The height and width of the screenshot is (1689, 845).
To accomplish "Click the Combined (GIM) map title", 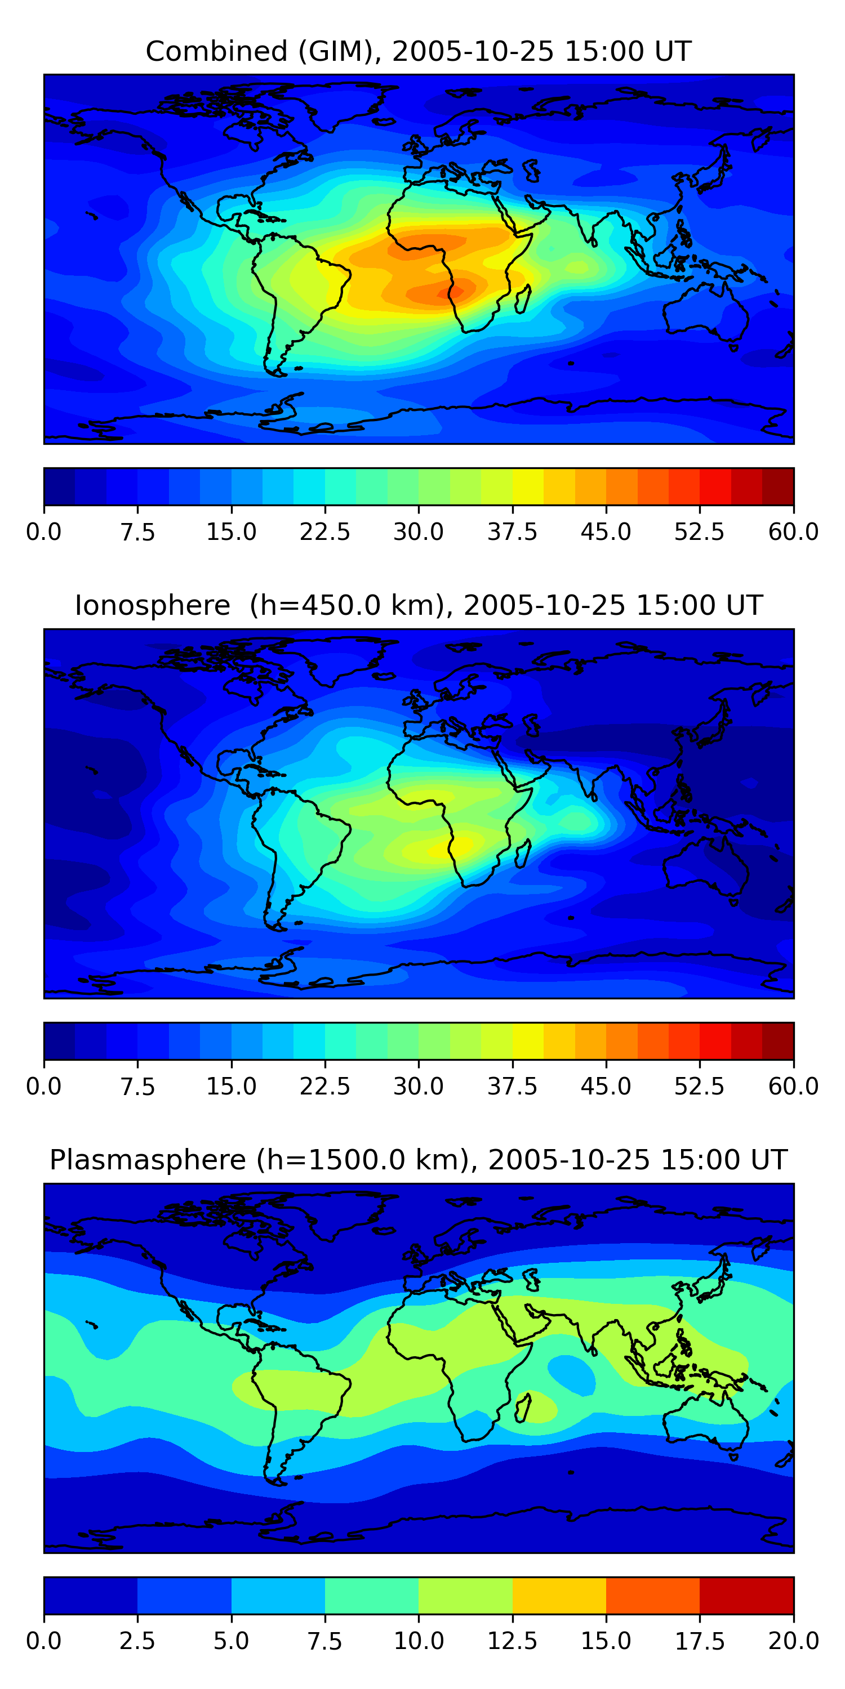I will click(x=419, y=51).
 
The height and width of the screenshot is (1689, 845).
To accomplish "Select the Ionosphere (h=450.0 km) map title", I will click(x=419, y=605).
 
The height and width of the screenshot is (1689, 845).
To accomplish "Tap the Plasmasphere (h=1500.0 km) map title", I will click(x=419, y=1160).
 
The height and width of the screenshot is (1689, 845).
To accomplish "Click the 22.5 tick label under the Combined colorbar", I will click(x=324, y=531).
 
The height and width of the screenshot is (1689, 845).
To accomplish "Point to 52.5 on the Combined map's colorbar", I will click(x=699, y=531).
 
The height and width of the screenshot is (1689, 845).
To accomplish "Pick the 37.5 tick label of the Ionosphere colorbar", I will click(x=513, y=1087).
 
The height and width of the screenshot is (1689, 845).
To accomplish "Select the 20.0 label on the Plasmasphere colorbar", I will click(x=793, y=1641).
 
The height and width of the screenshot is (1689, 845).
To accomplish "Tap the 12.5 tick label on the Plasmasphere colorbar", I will click(x=513, y=1641).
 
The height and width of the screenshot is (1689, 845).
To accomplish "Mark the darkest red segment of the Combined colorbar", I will click(x=778, y=486).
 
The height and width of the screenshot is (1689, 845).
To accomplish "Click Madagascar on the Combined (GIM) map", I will click(x=523, y=299).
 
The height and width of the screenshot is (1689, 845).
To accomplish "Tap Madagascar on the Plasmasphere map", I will click(x=523, y=1407).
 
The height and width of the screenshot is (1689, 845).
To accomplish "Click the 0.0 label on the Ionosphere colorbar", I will click(x=44, y=1087).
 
